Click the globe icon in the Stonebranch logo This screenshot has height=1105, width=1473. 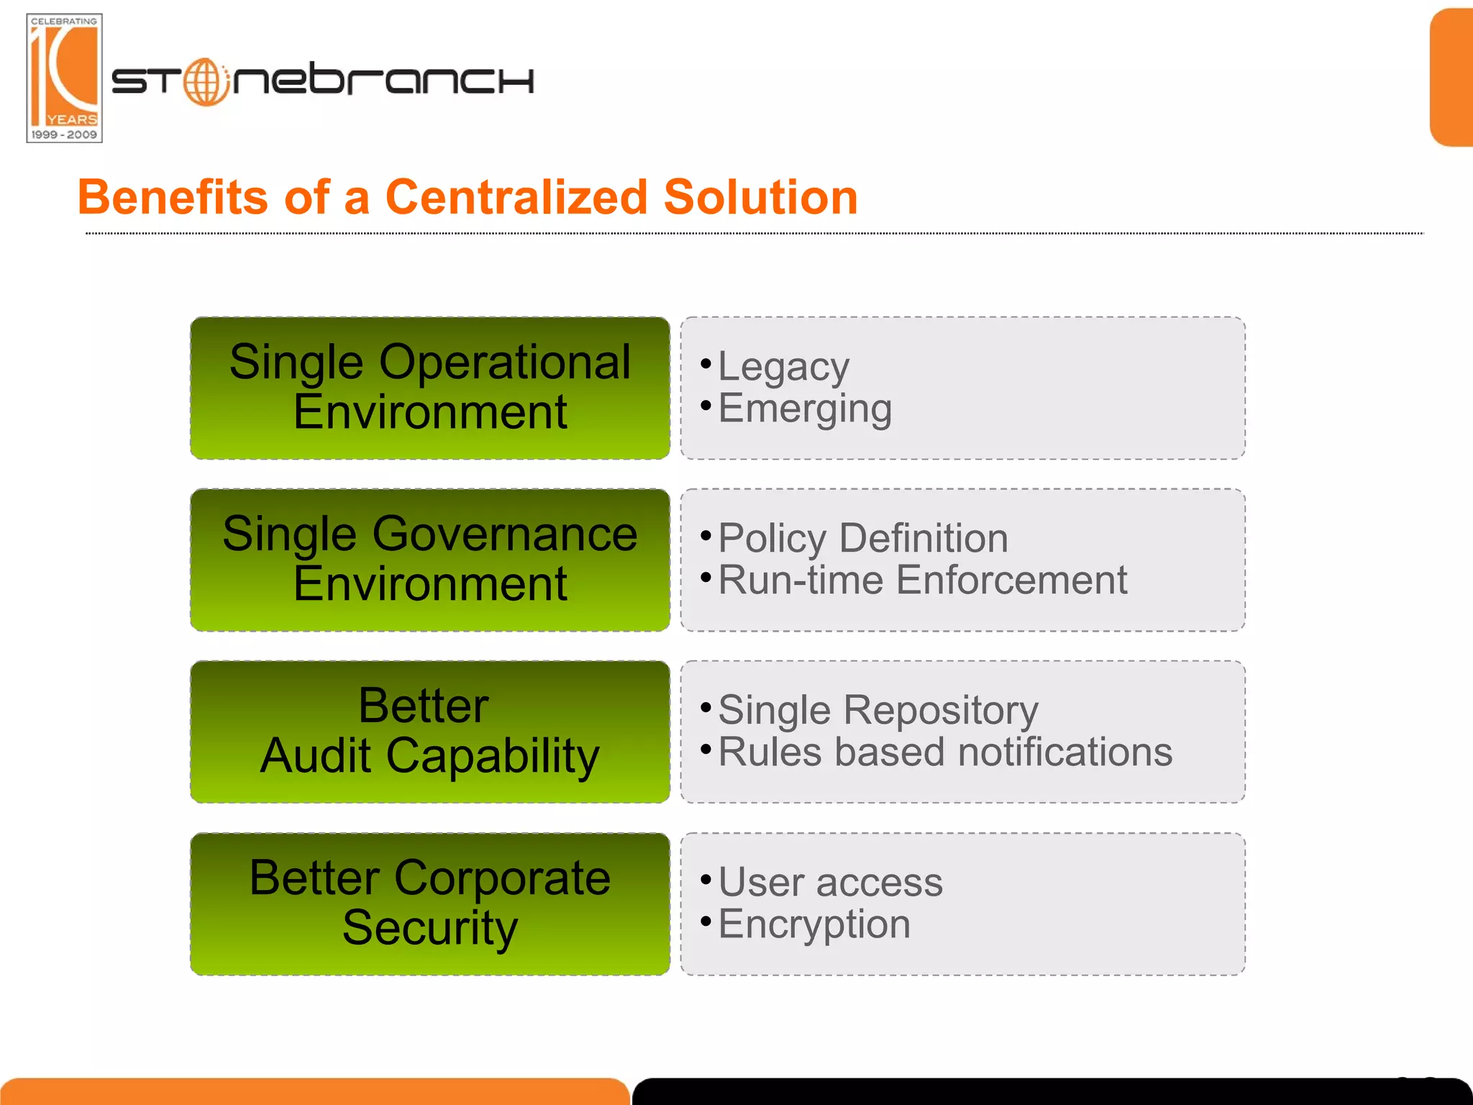pos(206,82)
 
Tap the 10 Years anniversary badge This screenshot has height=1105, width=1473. pos(64,78)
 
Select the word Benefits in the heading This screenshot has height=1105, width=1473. pos(173,197)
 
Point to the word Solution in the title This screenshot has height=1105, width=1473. pos(760,197)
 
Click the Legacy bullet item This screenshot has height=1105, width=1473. pos(783,368)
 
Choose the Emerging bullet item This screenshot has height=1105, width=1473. pos(805,409)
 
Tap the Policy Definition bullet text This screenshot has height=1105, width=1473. pos(862,539)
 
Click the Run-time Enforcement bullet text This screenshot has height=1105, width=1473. pos(922,580)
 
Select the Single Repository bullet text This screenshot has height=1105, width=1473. pos(877,711)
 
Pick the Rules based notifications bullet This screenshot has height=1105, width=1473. pos(944,752)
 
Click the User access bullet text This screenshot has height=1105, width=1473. pos(830,882)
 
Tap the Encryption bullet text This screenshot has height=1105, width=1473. pos(814,924)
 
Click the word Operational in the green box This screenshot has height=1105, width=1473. pos(504,362)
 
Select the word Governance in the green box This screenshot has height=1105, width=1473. pos(504,534)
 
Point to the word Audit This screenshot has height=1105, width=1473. pos(316,756)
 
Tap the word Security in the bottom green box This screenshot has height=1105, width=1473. pos(429,927)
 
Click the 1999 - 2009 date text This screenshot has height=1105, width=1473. pos(64,135)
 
